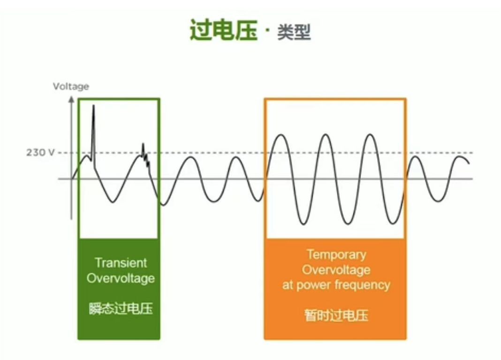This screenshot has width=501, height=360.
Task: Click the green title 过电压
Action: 224,30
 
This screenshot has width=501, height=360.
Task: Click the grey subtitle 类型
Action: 294,32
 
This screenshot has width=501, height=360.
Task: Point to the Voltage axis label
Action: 71,86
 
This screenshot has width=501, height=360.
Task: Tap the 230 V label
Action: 41,152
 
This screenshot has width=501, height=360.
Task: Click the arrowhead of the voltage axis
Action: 71,99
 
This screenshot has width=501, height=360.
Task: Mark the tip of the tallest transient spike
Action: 94,105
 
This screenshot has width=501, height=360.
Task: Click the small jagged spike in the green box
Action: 145,155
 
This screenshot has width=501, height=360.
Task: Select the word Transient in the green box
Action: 121,262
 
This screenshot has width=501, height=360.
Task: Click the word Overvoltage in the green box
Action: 121,278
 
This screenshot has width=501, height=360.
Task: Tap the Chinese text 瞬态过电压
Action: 121,308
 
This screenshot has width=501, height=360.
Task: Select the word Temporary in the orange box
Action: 336,255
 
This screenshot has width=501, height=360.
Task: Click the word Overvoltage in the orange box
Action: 336,270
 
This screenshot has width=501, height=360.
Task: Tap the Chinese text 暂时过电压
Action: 336,315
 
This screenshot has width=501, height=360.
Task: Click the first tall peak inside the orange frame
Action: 281,135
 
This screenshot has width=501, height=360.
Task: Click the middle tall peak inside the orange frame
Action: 326,135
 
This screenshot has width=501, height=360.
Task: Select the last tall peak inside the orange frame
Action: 370,135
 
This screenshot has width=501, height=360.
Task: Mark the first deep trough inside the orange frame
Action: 303,224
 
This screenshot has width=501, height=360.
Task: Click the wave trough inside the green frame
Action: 113,202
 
